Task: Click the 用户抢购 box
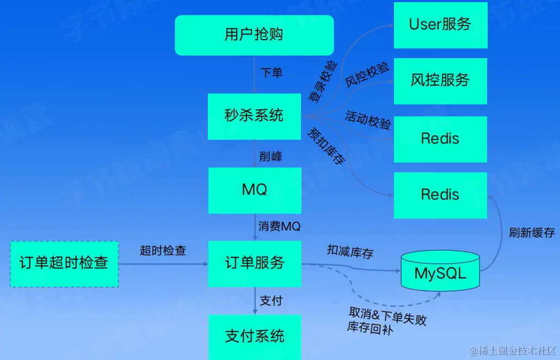coord(254,35)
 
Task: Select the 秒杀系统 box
coord(254,116)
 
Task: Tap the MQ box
coord(254,190)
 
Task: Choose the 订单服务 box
coord(254,263)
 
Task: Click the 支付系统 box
coord(254,336)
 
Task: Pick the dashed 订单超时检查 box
coord(64,264)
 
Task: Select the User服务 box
coord(440,24)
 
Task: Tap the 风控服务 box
coord(440,80)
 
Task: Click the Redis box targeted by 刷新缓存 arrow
coord(440,195)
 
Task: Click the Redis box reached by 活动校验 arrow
coord(440,138)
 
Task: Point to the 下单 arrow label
coord(272,73)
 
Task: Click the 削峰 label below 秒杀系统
coord(271,156)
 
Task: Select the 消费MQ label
coord(279,226)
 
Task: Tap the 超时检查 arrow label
coord(163,250)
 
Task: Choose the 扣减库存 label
coord(350,251)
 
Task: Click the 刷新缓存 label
coord(532,233)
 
